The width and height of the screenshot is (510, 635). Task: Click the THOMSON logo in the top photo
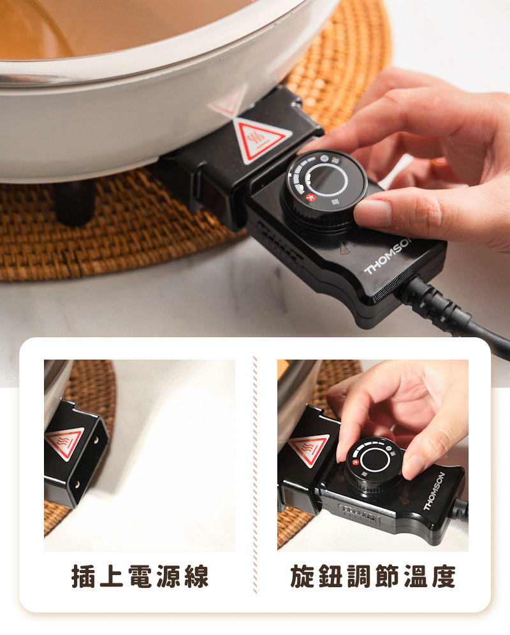coord(387,256)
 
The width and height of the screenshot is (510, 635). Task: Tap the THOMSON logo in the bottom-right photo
coord(434,491)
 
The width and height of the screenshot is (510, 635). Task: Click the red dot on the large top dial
coord(311,197)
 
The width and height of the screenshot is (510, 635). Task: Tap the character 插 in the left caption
coord(84,576)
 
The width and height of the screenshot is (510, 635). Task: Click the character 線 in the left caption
coord(196,576)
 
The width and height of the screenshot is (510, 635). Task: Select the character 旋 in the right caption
coord(302,576)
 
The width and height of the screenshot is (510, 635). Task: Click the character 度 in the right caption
coord(444,576)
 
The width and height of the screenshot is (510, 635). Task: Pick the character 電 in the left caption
coord(140,576)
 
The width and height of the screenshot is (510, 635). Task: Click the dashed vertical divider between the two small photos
coord(255,474)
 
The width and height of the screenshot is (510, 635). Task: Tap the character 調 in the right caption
coord(359,576)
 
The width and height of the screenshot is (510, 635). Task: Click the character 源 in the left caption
coord(168,576)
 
